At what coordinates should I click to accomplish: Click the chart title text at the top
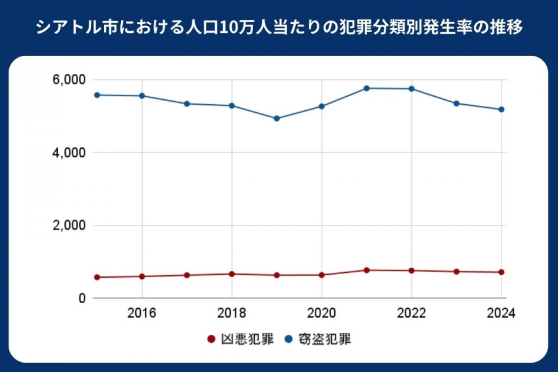[x=279, y=28]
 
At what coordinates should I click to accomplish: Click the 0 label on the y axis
[x=81, y=298]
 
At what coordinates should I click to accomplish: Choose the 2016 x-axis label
[x=142, y=312]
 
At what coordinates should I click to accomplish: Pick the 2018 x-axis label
[x=232, y=312]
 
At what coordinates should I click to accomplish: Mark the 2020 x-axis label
[x=322, y=312]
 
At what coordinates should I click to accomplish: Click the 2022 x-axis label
[x=412, y=312]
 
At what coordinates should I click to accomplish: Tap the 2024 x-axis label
[x=501, y=312]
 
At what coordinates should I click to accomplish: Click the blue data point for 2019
[x=277, y=118]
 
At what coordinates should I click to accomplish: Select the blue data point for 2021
[x=366, y=88]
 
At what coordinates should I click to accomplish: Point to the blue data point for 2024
[x=501, y=109]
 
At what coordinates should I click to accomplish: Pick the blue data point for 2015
[x=97, y=95]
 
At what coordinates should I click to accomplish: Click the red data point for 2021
[x=366, y=270]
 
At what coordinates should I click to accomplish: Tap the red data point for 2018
[x=232, y=274]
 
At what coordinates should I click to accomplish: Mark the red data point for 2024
[x=501, y=272]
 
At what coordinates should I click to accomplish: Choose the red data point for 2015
[x=97, y=277]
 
